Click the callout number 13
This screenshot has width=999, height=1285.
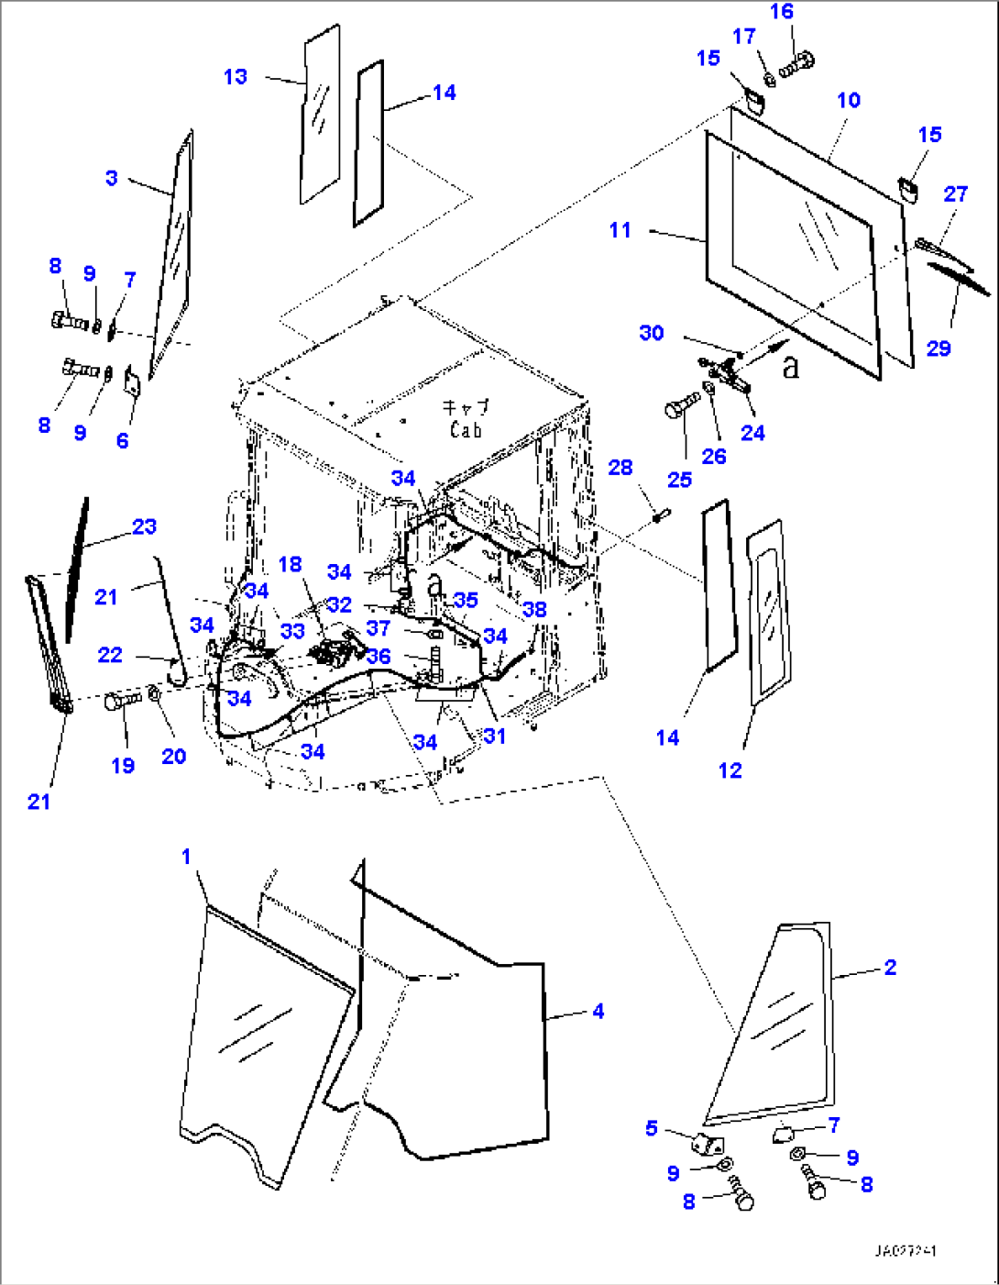[x=236, y=77]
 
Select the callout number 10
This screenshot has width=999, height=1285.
[x=849, y=100]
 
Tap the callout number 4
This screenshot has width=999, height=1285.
[x=598, y=1011]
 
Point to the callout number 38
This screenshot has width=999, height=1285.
[x=534, y=609]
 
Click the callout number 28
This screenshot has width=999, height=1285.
[x=620, y=468]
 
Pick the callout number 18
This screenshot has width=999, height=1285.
[x=290, y=564]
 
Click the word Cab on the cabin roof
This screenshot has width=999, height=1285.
[x=466, y=429]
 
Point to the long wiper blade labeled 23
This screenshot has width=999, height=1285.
[x=77, y=569]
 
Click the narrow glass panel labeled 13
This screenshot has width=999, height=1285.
[x=320, y=115]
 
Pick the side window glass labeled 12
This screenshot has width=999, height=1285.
[x=768, y=610]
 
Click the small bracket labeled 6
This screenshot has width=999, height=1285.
[x=132, y=381]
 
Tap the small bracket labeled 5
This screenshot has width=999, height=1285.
[x=707, y=1144]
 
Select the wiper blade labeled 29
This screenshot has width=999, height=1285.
[x=959, y=279]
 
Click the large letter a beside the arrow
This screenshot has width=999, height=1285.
[x=791, y=366]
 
